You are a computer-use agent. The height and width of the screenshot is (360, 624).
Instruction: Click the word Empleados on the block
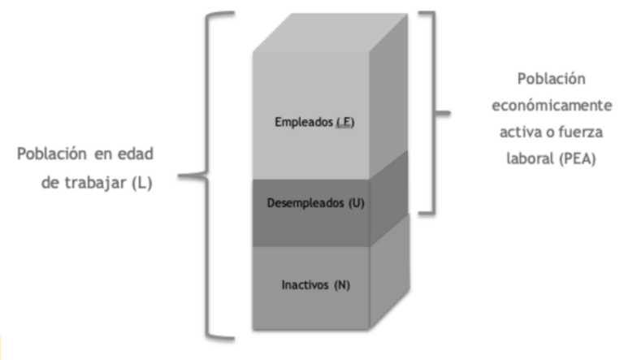click(298, 122)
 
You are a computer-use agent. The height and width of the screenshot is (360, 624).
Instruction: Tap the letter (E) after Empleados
click(345, 122)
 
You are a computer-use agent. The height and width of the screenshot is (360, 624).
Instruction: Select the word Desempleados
click(305, 202)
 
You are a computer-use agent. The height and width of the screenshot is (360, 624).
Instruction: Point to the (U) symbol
click(357, 203)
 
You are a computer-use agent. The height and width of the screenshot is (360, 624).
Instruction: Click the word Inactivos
click(305, 284)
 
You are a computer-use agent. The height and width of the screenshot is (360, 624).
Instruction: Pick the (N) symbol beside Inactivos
click(342, 284)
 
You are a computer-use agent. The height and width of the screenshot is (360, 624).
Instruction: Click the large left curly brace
click(206, 176)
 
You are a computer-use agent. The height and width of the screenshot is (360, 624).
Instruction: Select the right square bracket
click(435, 113)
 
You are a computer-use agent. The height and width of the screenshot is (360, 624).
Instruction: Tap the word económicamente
click(552, 106)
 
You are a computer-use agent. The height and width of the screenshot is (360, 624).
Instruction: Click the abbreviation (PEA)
click(577, 159)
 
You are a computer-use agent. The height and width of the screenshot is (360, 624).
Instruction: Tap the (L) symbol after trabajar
click(142, 183)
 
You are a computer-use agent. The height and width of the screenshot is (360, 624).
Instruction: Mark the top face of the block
click(331, 33)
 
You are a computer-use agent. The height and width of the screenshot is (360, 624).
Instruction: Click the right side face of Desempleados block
click(388, 198)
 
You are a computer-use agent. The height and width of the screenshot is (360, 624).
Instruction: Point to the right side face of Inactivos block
click(390, 271)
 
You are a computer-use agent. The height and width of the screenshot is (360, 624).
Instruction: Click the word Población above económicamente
click(552, 79)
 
